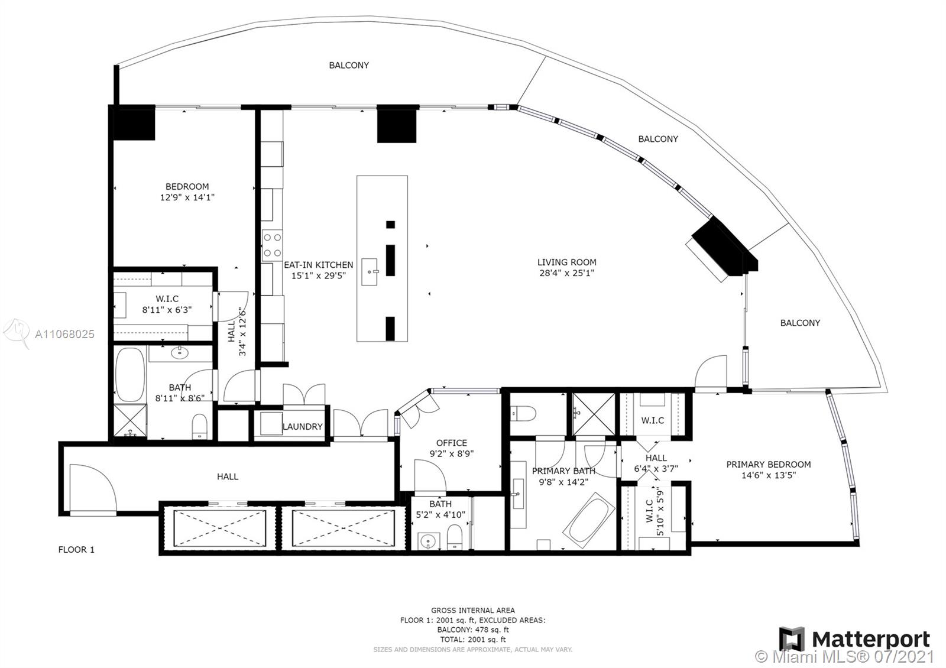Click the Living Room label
point(567,262)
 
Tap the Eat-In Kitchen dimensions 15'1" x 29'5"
point(319,275)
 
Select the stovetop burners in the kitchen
point(272,245)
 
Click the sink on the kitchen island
point(370,272)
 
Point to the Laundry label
point(302,427)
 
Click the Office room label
point(452,443)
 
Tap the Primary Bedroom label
point(769,465)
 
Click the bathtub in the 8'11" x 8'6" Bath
point(130,374)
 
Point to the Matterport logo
point(854,640)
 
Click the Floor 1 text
point(76,549)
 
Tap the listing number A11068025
point(64,335)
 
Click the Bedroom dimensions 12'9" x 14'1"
point(187,197)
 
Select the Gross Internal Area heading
point(473,610)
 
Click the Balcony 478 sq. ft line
point(473,630)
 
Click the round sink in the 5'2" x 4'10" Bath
point(428,541)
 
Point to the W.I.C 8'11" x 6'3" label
point(167,304)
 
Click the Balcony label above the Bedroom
point(349,65)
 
